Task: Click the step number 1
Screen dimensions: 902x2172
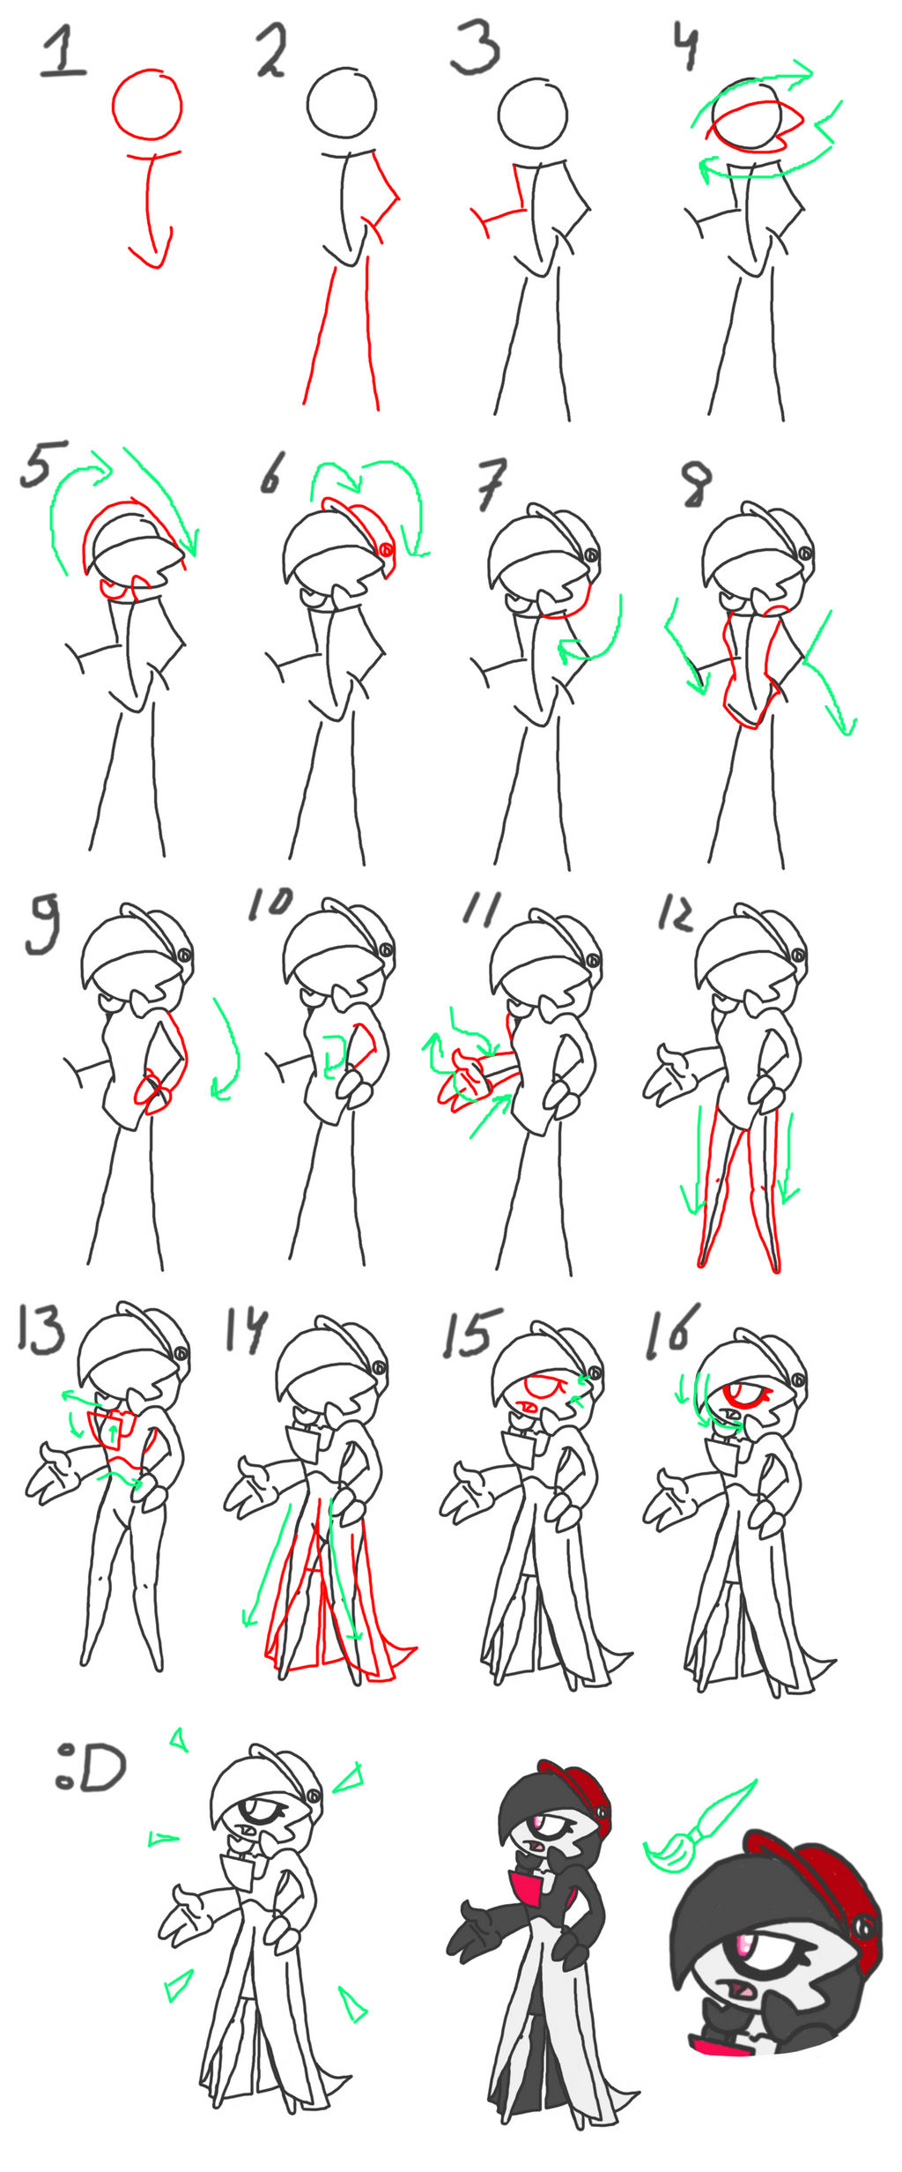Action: click(x=63, y=51)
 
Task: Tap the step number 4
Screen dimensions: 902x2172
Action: click(x=687, y=44)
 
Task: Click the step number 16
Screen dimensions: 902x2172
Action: click(x=672, y=1330)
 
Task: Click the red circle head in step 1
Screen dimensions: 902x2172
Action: click(x=147, y=105)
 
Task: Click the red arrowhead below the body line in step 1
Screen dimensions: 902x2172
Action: click(x=152, y=254)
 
